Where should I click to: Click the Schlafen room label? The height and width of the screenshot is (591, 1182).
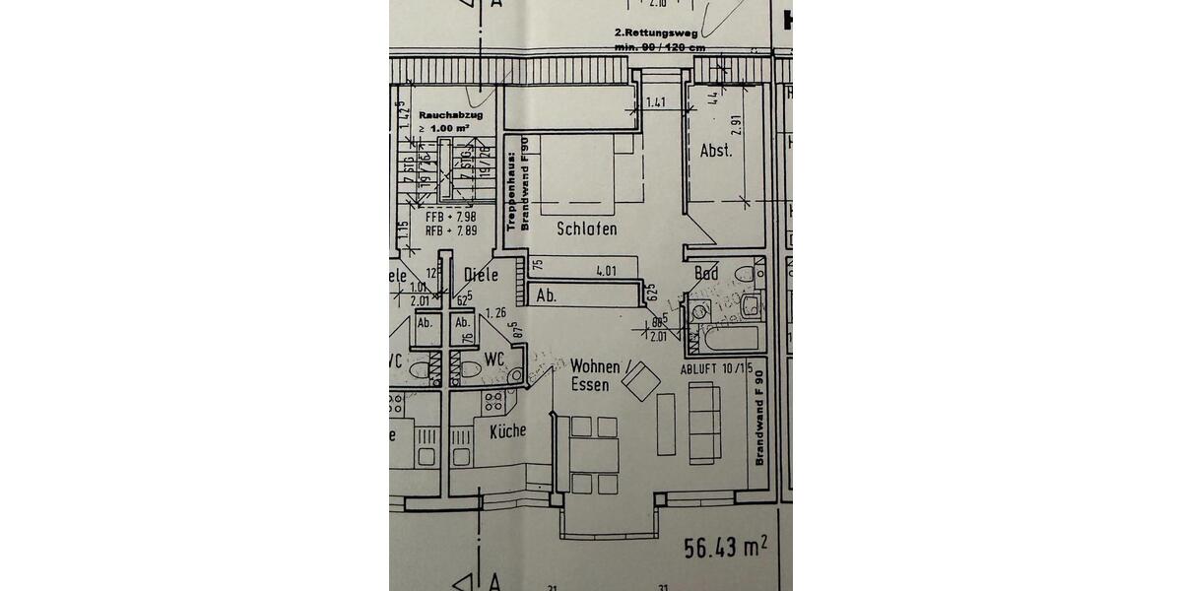[x=587, y=229]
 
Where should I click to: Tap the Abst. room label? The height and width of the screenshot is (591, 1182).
[x=715, y=151]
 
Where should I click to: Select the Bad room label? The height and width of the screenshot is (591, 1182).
[x=706, y=273]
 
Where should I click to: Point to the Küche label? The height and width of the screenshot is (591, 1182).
[x=507, y=430]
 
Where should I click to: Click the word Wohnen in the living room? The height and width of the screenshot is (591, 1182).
[x=595, y=365]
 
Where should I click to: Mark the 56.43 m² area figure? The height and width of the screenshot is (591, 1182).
[x=725, y=545]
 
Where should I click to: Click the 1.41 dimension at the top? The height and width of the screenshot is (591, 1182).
[x=656, y=101]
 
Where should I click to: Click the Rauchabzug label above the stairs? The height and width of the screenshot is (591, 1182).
[x=443, y=115]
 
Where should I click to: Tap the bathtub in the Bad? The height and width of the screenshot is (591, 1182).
[x=729, y=339]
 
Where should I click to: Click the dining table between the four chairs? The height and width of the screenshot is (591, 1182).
[x=594, y=455]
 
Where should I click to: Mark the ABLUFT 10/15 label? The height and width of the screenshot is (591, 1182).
[x=716, y=368]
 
